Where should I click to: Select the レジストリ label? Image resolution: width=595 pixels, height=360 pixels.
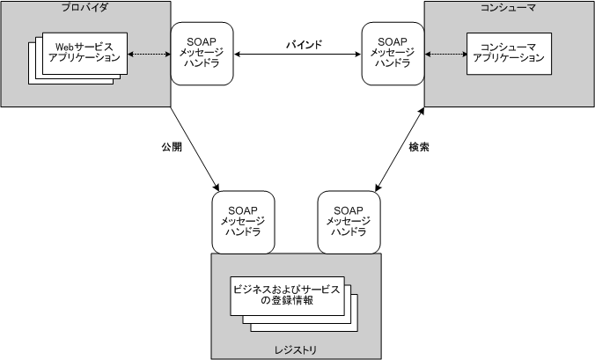click(x=296, y=349)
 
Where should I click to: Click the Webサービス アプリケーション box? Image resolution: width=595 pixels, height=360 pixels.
click(x=84, y=52)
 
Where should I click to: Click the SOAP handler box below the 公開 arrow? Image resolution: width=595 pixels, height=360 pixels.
click(x=242, y=221)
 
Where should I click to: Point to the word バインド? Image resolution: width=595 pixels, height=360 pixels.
click(x=304, y=43)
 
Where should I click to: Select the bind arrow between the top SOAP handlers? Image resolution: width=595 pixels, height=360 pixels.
click(x=297, y=55)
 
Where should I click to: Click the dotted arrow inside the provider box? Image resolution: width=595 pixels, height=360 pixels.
click(x=147, y=55)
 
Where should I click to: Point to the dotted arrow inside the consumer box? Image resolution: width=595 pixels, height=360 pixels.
click(x=444, y=55)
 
